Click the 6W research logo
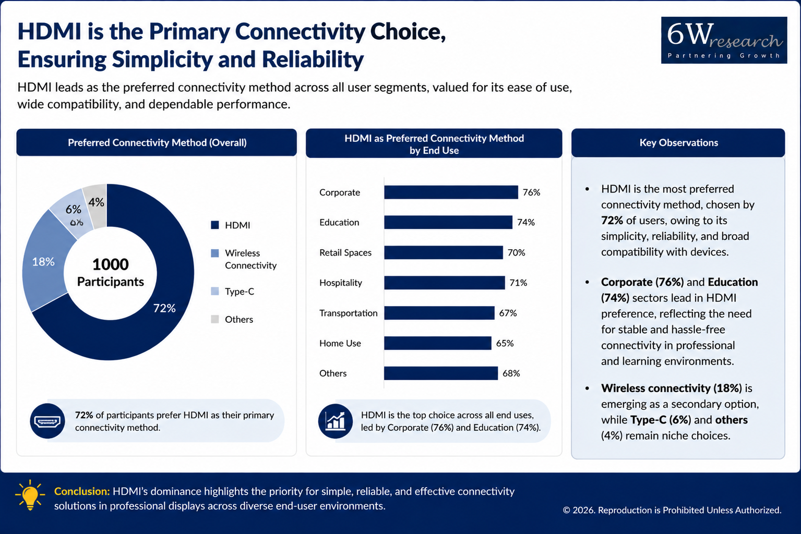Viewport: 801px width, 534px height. [724, 40]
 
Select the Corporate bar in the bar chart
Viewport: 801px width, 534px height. [451, 192]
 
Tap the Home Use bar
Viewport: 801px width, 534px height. [438, 343]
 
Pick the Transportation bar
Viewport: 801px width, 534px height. [439, 313]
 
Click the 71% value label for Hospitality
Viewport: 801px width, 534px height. [518, 283]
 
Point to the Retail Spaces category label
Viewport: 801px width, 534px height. [345, 253]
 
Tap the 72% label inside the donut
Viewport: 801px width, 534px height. [164, 308]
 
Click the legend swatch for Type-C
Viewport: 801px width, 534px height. [215, 292]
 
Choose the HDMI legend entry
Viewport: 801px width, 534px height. [231, 225]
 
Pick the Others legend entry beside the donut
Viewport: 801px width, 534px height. [232, 319]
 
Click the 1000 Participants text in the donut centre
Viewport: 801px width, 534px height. [111, 273]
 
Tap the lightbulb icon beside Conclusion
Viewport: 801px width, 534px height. [30, 495]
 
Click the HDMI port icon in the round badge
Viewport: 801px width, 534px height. [47, 421]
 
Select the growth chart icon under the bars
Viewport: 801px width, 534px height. [336, 421]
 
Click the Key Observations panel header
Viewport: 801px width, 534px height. [678, 142]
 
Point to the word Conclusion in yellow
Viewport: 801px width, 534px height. [82, 491]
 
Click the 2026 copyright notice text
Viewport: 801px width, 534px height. [672, 510]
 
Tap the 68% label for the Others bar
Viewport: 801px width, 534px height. [511, 373]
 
